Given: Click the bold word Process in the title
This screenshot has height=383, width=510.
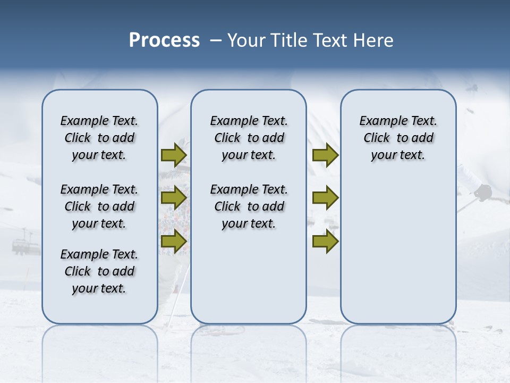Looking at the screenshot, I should click(164, 40).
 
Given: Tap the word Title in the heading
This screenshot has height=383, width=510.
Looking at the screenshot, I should click(290, 40).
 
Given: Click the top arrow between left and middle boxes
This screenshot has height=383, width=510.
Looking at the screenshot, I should click(173, 155).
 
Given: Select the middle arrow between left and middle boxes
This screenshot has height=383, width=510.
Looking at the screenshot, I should click(173, 198).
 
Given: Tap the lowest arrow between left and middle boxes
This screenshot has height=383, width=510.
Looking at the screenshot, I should click(173, 241).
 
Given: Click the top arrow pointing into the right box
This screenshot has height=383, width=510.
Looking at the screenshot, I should click(325, 155).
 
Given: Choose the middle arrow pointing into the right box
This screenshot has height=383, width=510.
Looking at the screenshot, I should click(325, 198).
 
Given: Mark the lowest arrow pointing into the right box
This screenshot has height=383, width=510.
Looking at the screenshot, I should click(325, 241).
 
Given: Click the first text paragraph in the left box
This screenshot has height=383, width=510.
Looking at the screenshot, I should click(99, 138).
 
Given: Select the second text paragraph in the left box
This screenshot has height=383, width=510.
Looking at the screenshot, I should click(99, 206).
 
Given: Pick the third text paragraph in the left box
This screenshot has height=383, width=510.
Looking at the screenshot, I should click(99, 271).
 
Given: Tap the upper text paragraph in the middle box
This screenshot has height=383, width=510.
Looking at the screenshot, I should click(249, 138).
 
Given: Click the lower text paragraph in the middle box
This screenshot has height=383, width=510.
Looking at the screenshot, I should click(249, 206).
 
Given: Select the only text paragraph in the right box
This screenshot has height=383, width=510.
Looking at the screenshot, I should click(398, 138).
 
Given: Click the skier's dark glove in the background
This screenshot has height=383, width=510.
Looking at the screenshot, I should click(483, 192).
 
